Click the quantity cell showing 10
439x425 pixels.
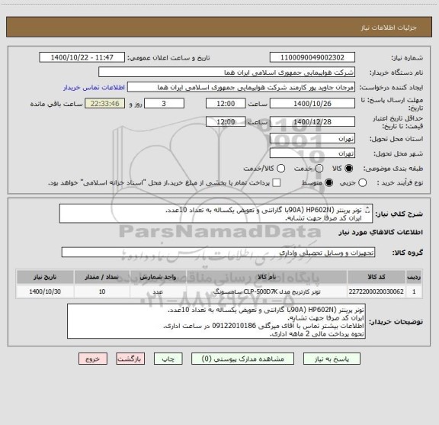pyautogui.click(x=103, y=313)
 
